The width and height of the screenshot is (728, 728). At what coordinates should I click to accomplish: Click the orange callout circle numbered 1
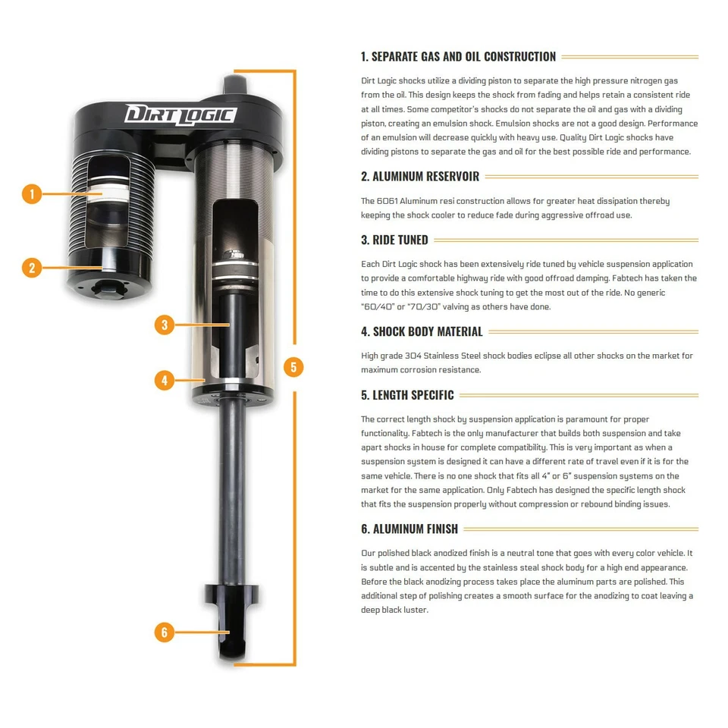(32, 194)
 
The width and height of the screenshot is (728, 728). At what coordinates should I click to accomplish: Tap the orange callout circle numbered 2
(32, 268)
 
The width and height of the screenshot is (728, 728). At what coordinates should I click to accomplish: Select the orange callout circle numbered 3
(165, 325)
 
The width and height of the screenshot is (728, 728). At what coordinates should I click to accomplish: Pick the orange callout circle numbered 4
(165, 380)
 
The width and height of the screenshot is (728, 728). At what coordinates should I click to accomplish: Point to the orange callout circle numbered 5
(293, 367)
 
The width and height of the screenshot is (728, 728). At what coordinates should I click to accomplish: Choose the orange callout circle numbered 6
(165, 632)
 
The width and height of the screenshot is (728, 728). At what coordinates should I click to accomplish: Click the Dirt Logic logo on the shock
(180, 115)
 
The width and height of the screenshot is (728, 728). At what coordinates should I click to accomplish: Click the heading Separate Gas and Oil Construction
(458, 57)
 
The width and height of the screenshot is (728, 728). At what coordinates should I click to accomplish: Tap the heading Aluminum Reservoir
(419, 177)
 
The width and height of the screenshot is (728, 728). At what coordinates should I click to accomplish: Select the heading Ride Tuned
(394, 240)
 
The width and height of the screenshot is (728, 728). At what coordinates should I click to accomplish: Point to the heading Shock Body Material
(422, 332)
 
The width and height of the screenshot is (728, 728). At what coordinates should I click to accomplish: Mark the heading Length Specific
(407, 395)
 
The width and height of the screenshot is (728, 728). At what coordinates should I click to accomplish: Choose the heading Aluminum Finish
(409, 529)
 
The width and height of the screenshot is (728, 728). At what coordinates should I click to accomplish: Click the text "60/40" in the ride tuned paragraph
(377, 307)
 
